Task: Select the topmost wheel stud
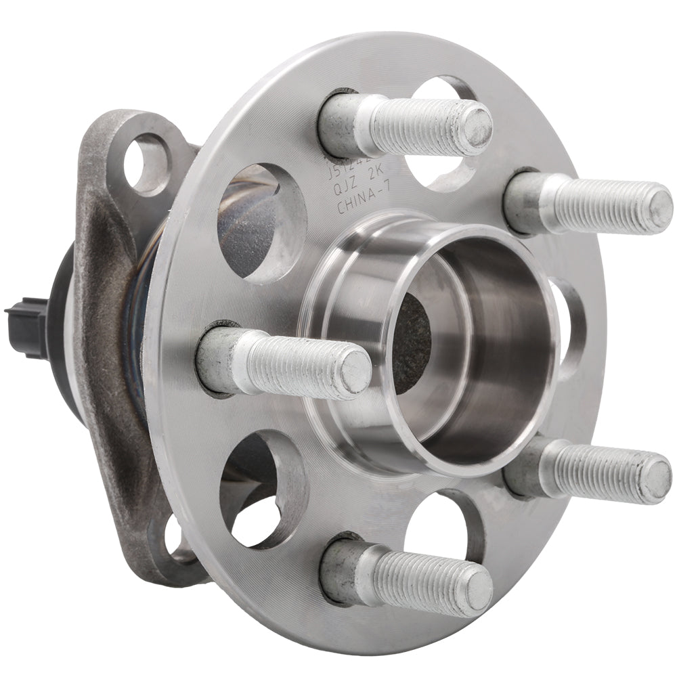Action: coord(406,125)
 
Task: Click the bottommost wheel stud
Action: coord(406,572)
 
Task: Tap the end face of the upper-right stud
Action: coord(655,209)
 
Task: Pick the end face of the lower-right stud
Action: coord(654,479)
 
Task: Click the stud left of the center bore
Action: coord(284,362)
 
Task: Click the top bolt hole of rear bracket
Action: coord(148,165)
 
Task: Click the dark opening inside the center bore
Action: coord(411,345)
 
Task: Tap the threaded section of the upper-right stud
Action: coord(603,205)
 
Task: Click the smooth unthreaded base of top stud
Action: coord(345,125)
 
